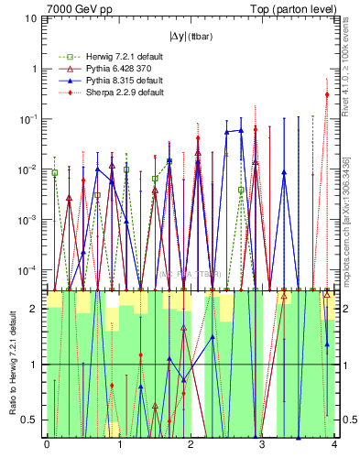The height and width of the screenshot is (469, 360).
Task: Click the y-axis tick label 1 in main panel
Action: pos(36,69)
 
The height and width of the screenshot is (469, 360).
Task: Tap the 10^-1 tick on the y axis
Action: pos(30,119)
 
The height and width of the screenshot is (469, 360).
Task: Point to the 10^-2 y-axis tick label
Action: pos(30,169)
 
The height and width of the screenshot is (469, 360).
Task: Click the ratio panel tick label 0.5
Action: pos(33,420)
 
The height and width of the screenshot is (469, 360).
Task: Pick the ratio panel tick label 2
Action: pos(36,309)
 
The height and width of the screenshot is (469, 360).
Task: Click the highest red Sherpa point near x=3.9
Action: pos(327,94)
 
